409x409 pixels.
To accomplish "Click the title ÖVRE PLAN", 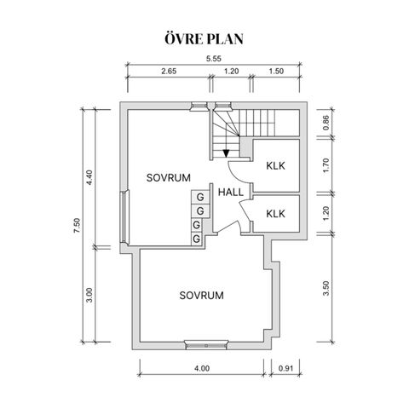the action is tap(204, 39).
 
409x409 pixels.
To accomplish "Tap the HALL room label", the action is tap(231, 193).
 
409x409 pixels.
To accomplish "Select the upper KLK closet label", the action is tap(275, 165).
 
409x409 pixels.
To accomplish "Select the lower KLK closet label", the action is tap(275, 214).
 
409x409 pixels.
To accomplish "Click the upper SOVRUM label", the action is tap(169, 178).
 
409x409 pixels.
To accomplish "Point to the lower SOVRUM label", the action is tap(201, 296).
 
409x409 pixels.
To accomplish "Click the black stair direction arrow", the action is tap(226, 153).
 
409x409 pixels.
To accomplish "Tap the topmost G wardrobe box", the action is tap(200, 197).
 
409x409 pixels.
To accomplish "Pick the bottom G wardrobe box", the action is tap(196, 239).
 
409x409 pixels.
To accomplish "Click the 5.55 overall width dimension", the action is tap(214, 59).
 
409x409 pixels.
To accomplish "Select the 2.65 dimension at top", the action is tap(169, 71).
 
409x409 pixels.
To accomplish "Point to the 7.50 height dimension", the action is tap(78, 226).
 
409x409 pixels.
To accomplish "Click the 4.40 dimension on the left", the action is tap(89, 177).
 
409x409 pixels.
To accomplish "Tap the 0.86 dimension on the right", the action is tap(325, 123).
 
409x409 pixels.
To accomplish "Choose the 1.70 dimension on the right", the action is tap(325, 165).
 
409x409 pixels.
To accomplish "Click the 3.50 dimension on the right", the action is tap(325, 288).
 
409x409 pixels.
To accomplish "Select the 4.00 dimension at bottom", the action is tap(202, 368).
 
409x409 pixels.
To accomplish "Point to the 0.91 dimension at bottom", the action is tap(285, 368).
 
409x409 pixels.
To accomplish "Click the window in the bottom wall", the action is tap(206, 345).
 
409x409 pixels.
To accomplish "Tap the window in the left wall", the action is tap(124, 216).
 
